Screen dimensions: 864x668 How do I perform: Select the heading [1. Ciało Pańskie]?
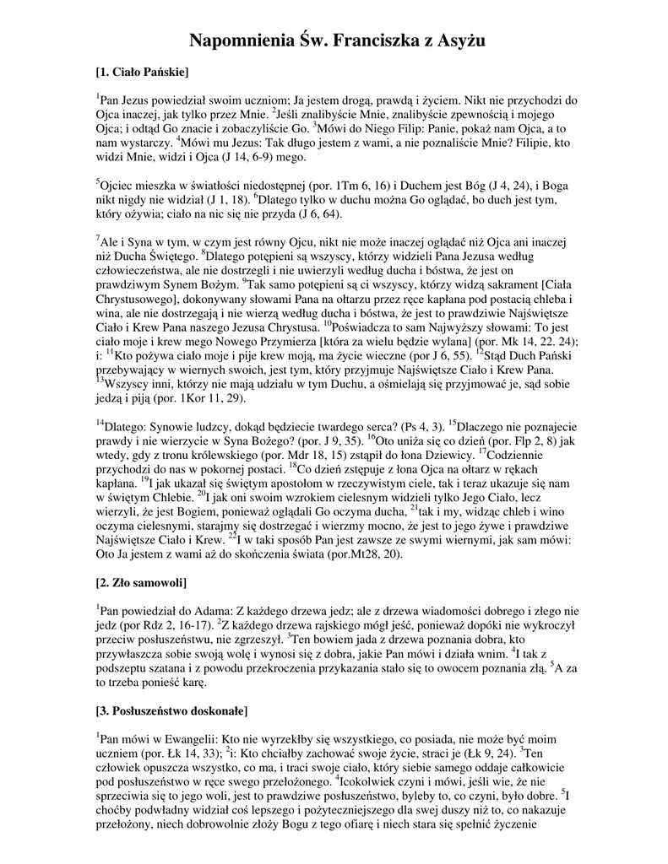tap(142, 72)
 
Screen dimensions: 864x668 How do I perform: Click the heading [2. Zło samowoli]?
tap(141, 583)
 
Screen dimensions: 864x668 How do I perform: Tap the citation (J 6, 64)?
tap(262, 215)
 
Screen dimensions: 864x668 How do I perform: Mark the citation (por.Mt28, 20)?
tap(334, 554)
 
